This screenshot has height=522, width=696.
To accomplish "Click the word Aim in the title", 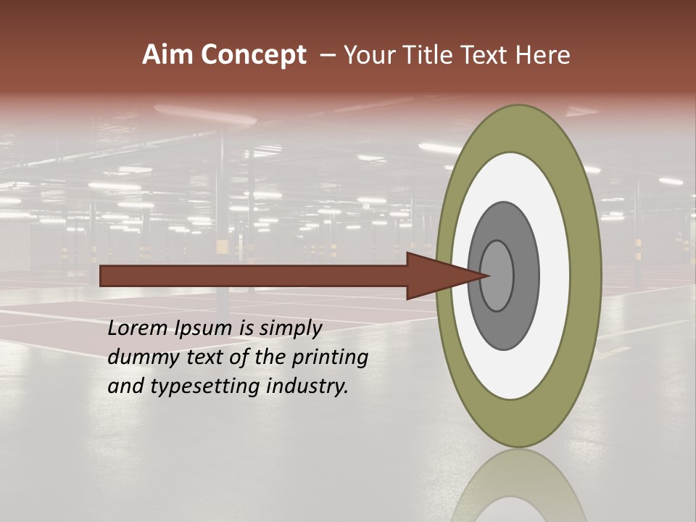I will click(x=167, y=55).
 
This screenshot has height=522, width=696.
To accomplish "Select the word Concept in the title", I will click(x=253, y=56).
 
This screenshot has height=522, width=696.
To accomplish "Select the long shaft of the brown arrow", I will click(x=254, y=276).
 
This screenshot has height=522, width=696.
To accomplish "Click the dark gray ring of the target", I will click(x=525, y=276).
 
